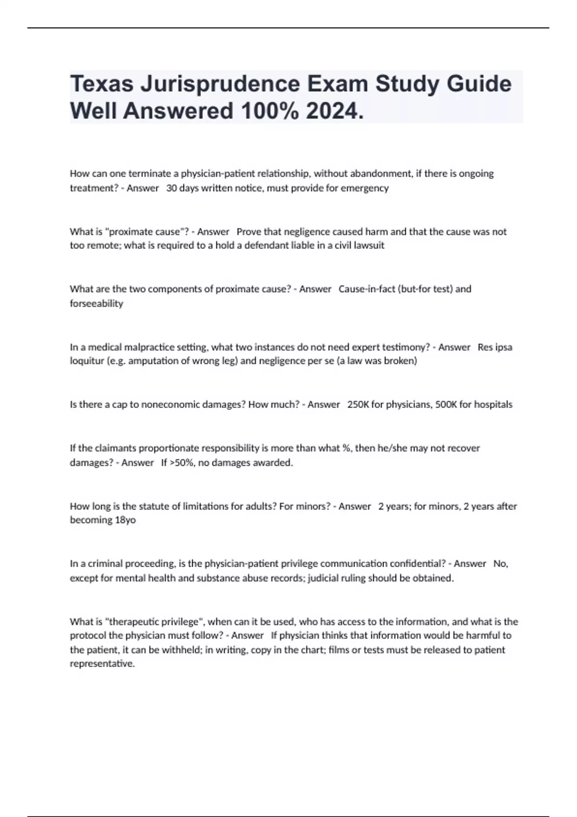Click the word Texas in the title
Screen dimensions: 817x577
(x=101, y=84)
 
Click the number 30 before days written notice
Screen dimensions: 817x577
(x=171, y=188)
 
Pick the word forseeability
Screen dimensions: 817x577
(x=96, y=303)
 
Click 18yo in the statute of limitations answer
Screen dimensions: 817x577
(x=125, y=520)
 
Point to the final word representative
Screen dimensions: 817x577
(x=102, y=664)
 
